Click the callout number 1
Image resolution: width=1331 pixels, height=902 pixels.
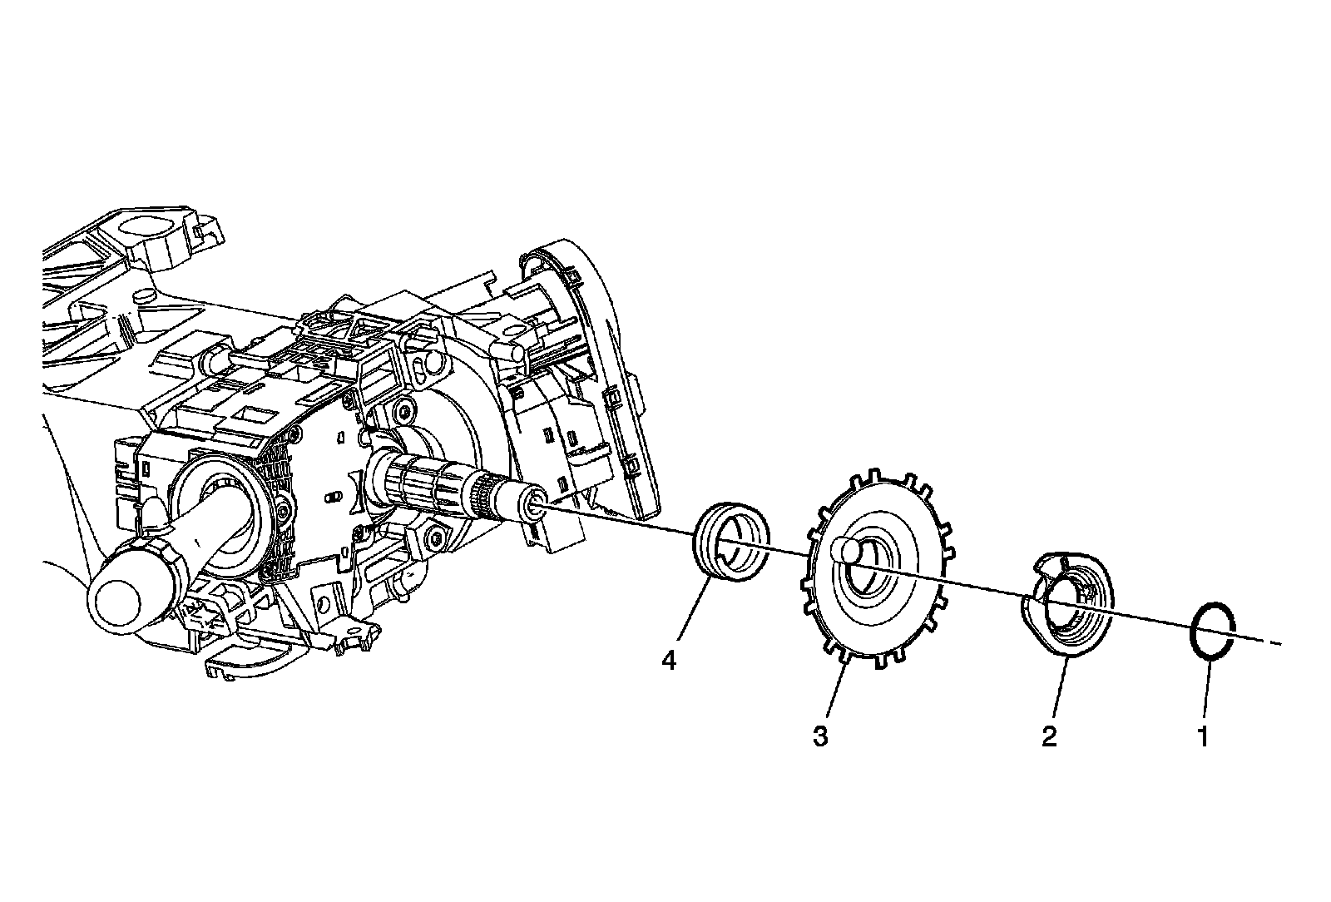(1201, 736)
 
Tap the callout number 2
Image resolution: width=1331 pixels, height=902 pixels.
(1049, 736)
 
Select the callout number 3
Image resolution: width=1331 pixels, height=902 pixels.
(820, 736)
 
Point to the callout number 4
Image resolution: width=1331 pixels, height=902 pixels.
(669, 661)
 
